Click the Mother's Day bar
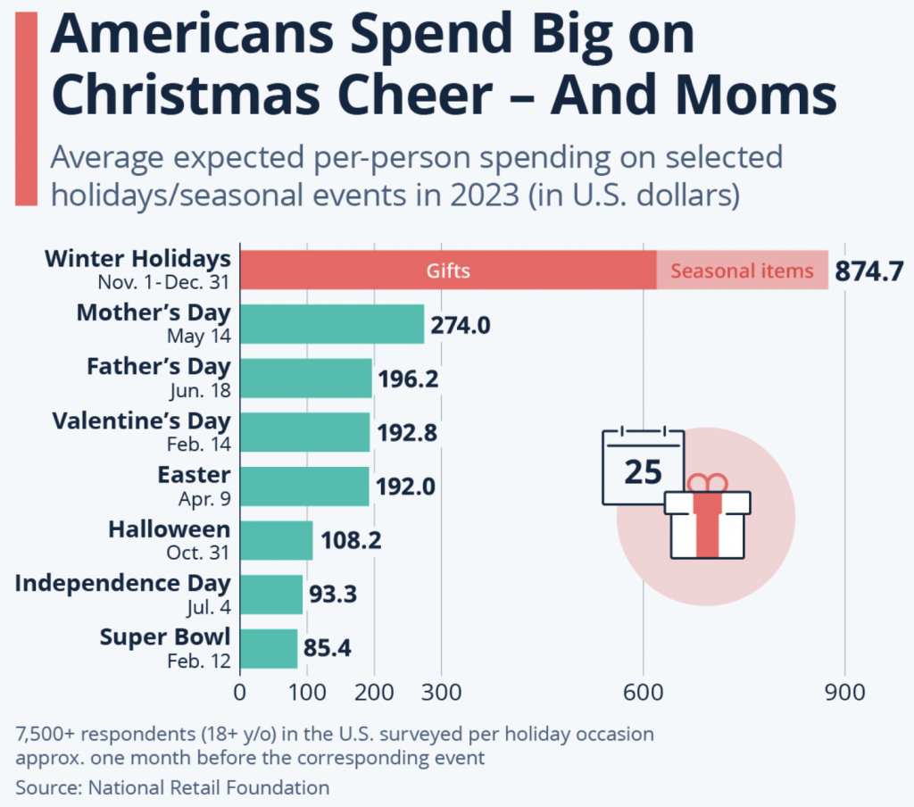(331, 324)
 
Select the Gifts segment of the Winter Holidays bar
(447, 270)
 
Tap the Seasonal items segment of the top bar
(742, 270)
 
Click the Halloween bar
(276, 540)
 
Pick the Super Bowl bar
(268, 649)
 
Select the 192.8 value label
(407, 433)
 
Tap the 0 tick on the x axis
(239, 693)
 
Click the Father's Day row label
(158, 366)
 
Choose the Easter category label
(194, 474)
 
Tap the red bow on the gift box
(707, 483)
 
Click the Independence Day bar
(270, 595)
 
